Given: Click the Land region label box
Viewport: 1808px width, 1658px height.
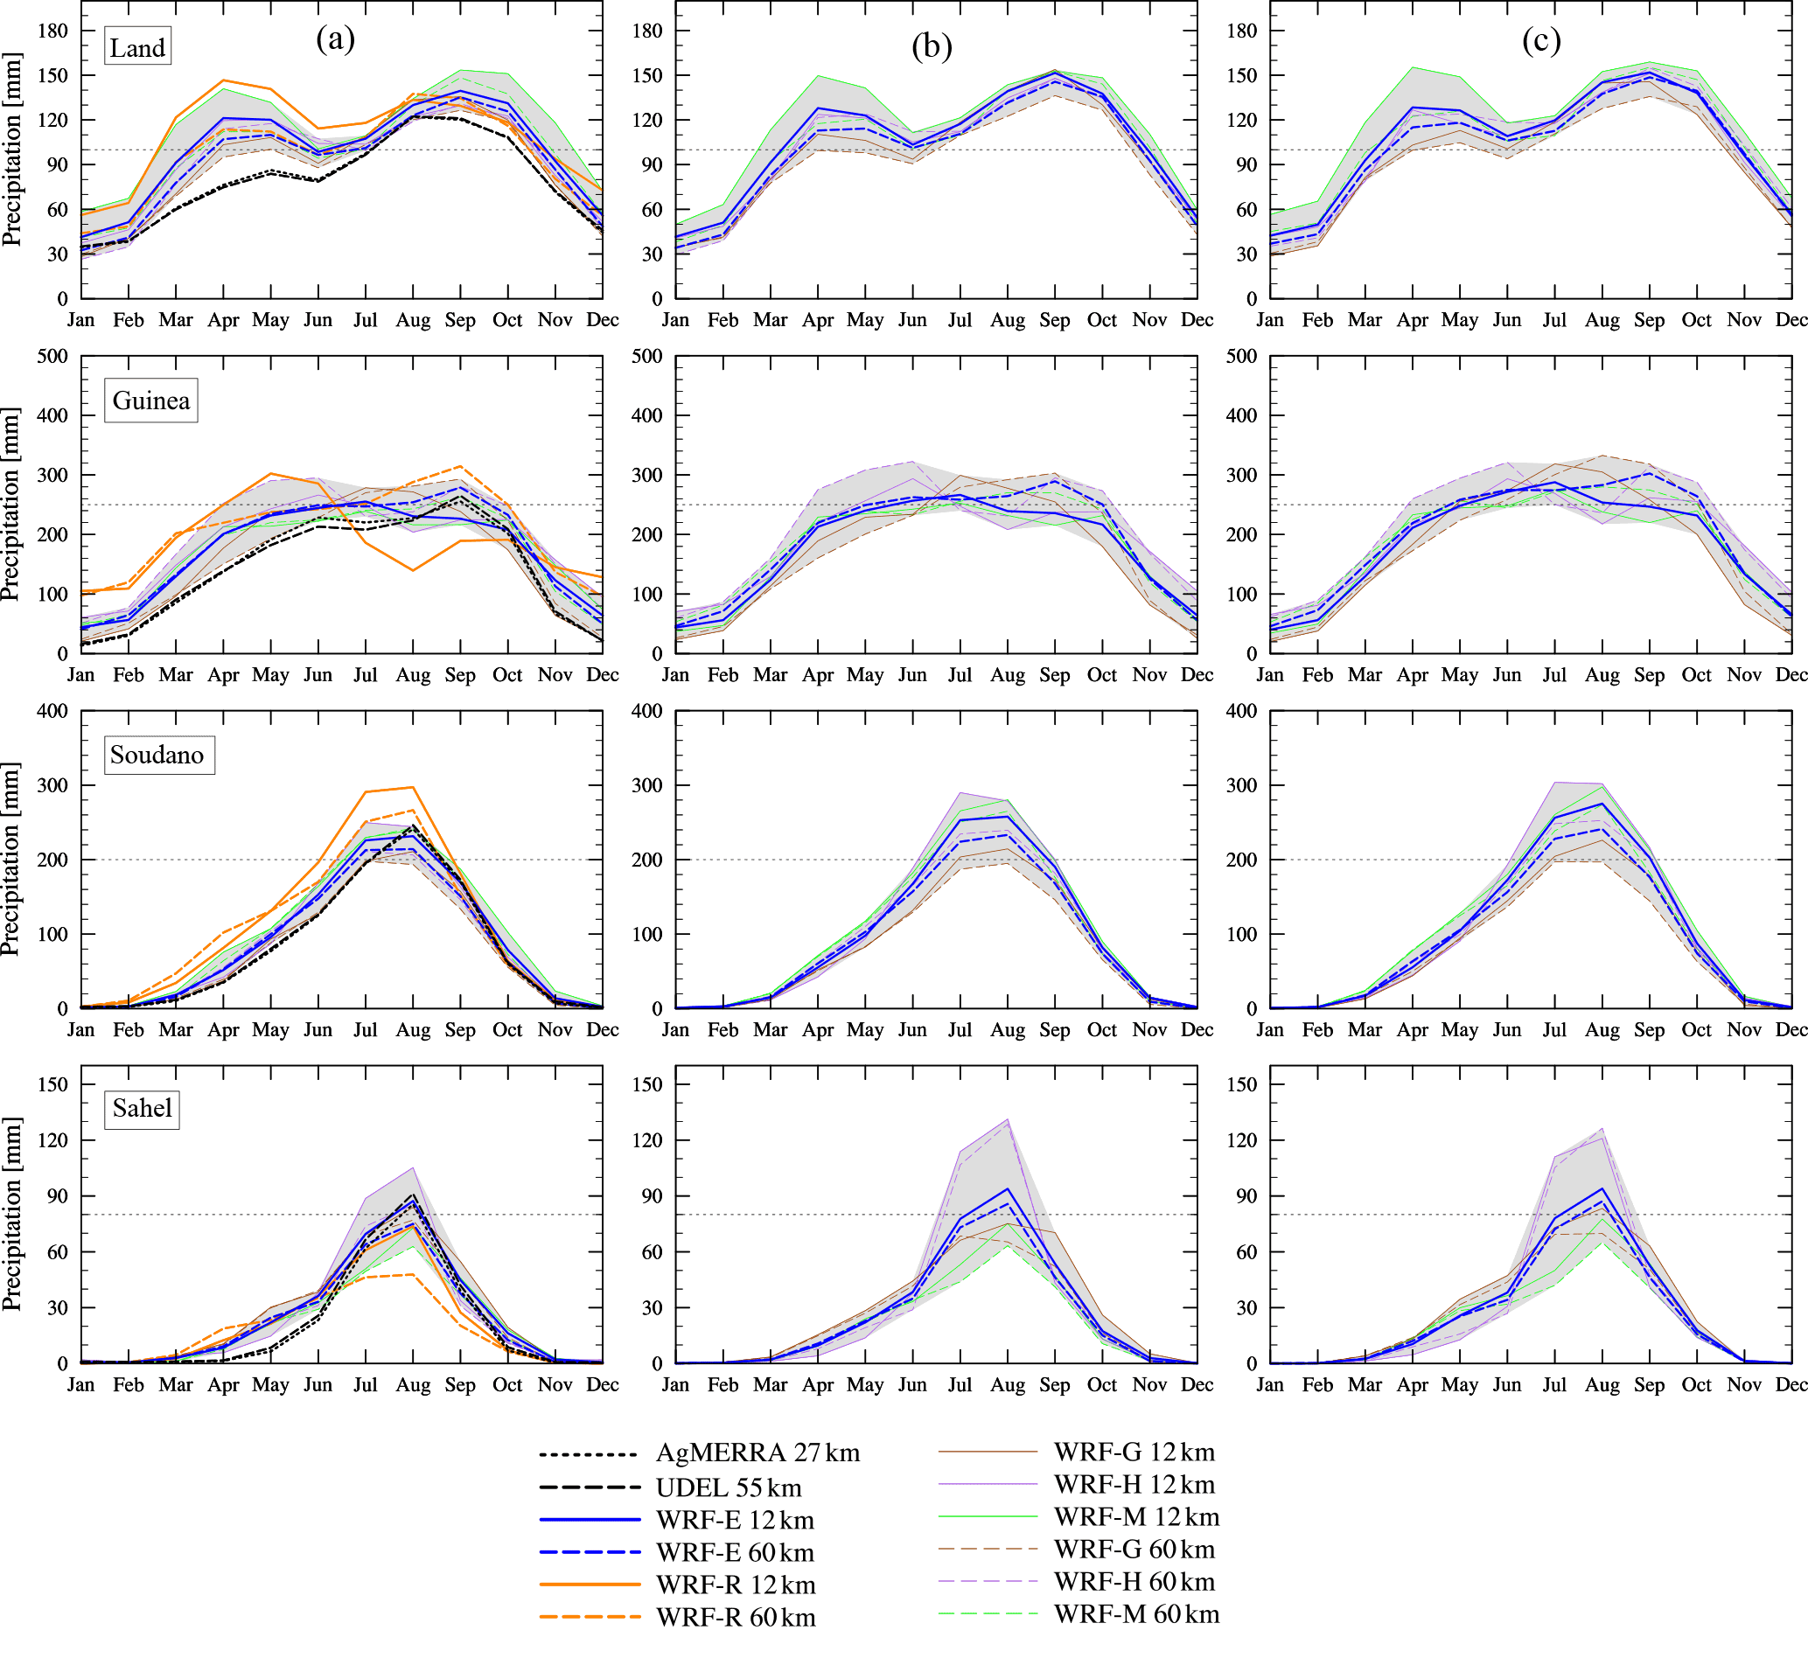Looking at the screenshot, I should click(137, 46).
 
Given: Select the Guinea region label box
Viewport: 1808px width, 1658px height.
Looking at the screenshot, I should click(150, 401).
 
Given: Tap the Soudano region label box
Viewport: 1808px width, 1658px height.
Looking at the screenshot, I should click(157, 755).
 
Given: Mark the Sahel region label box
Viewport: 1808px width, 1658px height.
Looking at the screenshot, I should click(142, 1108).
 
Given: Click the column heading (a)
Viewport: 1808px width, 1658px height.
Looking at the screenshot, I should click(336, 38).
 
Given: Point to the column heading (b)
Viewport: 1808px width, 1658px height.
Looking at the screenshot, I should click(932, 45).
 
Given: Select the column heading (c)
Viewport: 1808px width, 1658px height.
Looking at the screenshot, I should click(1541, 40).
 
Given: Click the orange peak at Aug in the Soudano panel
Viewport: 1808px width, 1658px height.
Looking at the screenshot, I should click(413, 787).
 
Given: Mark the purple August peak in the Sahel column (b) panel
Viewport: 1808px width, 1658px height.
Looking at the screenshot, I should click(1008, 1118).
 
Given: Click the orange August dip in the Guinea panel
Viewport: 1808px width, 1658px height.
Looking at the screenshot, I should click(413, 569).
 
